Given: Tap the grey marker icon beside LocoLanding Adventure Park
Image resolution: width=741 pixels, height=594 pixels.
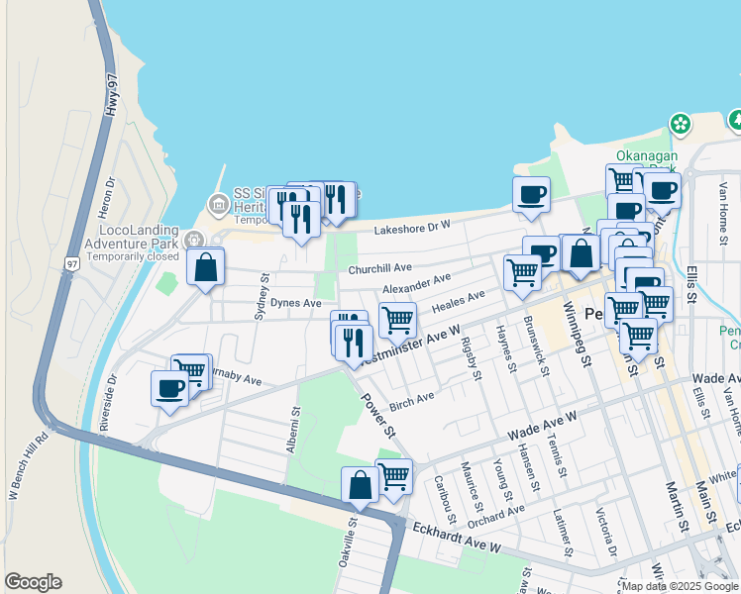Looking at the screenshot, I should [x=193, y=239].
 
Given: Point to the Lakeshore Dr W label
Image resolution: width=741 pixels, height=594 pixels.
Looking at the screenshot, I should [x=412, y=229].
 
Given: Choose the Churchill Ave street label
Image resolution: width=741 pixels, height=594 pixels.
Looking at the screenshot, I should [x=379, y=268].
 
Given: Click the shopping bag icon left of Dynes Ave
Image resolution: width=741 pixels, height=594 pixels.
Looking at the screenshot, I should [x=205, y=266].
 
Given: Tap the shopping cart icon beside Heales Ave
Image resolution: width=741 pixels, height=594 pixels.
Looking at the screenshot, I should [x=396, y=319].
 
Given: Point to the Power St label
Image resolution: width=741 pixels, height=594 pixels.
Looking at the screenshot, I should [x=377, y=416].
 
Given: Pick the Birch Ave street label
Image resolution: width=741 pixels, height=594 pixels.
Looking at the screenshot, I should [x=412, y=398].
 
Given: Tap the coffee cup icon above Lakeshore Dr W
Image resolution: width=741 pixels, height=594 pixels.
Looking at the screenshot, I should [x=531, y=193].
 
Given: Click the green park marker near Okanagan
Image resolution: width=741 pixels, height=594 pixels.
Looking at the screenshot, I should [x=681, y=124].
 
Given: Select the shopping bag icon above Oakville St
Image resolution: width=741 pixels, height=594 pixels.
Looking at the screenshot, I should [x=360, y=484].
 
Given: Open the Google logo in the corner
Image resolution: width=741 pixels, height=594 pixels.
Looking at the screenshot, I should [x=33, y=581].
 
